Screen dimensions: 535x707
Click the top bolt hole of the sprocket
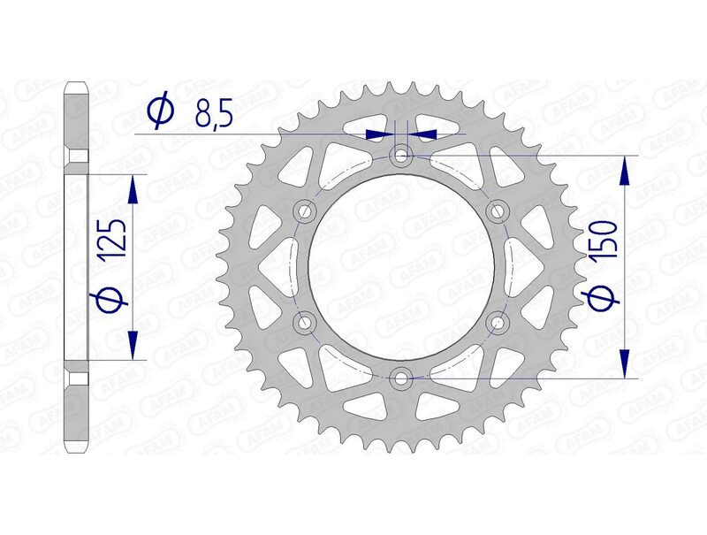pyautogui.click(x=403, y=157)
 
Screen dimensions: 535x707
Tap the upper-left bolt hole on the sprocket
pyautogui.click(x=307, y=211)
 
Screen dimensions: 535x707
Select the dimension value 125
pyautogui.click(x=112, y=241)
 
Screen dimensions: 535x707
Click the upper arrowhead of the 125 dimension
pyautogui.click(x=133, y=186)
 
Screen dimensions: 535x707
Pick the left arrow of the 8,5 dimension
pyautogui.click(x=377, y=134)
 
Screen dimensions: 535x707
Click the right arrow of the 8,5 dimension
pyautogui.click(x=426, y=134)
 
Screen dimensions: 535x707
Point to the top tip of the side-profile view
pyautogui.click(x=77, y=85)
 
